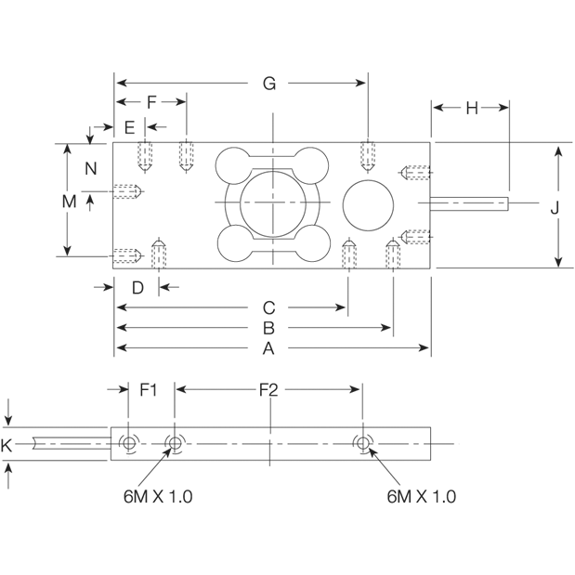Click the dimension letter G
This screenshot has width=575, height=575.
click(268, 84)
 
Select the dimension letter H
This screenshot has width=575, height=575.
click(471, 108)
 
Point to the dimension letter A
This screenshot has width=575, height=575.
click(268, 349)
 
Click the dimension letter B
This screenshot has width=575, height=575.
click(268, 328)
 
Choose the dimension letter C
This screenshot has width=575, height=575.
click(268, 307)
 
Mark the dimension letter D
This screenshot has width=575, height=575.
click(137, 288)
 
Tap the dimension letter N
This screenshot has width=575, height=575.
click(90, 168)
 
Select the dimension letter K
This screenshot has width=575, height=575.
click(7, 446)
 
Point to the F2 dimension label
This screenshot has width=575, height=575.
click(268, 390)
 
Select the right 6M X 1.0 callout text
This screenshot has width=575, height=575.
click(421, 496)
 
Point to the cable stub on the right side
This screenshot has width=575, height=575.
click(472, 202)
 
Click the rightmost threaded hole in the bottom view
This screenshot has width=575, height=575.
click(362, 444)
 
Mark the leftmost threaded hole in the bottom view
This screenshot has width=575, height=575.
click(128, 445)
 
